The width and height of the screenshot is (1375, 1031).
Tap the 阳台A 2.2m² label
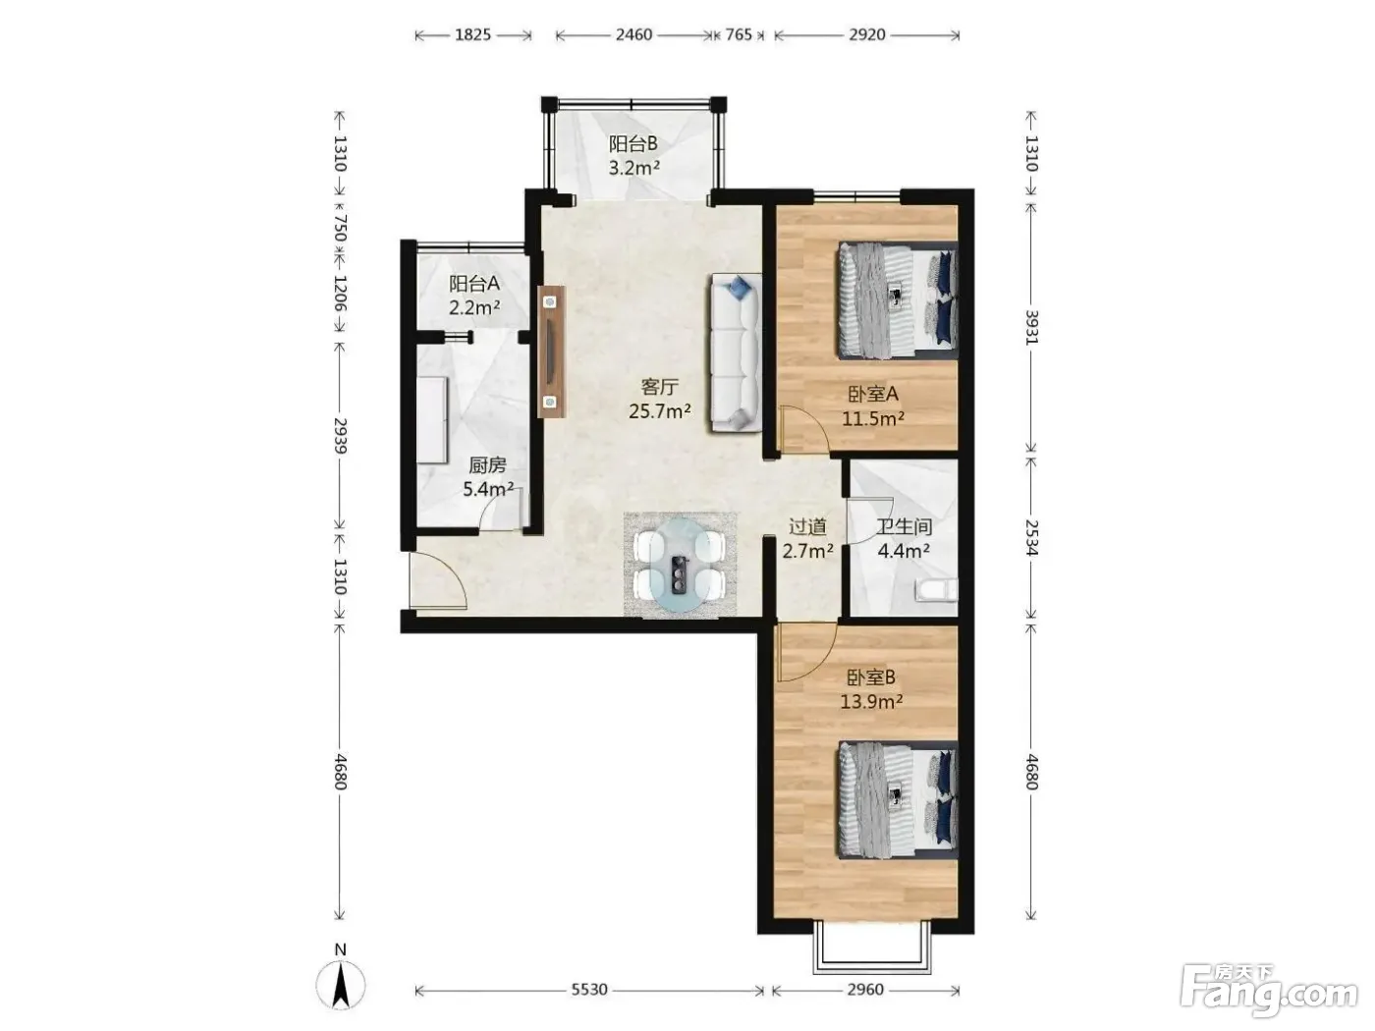(x=474, y=296)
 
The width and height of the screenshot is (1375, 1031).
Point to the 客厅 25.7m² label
(x=660, y=399)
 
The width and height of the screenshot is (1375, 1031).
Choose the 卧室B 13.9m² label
(x=871, y=689)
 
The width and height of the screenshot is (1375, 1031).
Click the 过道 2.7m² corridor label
(x=807, y=538)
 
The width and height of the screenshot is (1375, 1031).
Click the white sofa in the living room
(x=736, y=353)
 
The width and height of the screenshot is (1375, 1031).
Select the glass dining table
(x=681, y=565)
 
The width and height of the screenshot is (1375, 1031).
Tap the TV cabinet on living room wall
(x=551, y=352)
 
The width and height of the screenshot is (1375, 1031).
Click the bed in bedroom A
(x=898, y=300)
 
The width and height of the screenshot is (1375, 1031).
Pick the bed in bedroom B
(x=898, y=800)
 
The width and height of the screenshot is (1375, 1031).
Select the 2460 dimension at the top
(x=633, y=34)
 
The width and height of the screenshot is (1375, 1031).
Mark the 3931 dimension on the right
(x=1031, y=326)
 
